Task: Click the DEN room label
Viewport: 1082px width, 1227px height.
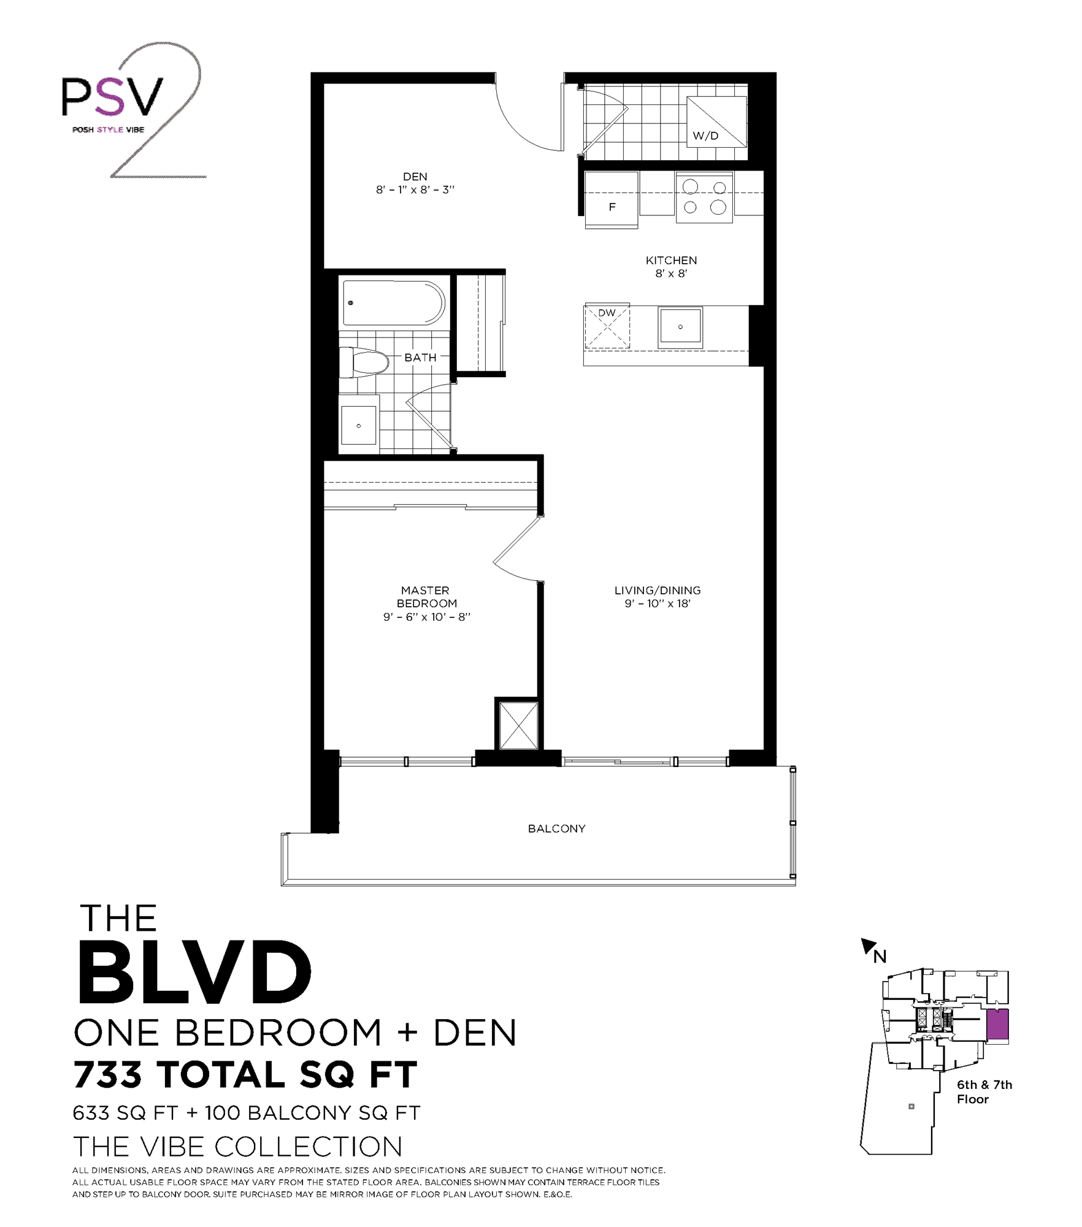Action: pos(415,177)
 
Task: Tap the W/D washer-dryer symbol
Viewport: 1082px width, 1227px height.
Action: pos(716,123)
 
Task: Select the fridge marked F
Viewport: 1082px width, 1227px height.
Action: pos(612,199)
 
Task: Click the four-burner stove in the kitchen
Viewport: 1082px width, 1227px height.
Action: pos(704,197)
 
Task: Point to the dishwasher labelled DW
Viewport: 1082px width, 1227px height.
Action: pos(607,325)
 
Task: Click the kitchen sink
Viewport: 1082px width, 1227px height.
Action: pos(680,327)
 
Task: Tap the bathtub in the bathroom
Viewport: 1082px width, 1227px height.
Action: pos(393,303)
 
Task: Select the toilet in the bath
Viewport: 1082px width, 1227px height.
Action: pos(364,363)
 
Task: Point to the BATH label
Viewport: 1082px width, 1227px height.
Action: pos(420,357)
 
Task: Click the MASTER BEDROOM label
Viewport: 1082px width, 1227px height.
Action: pos(426,596)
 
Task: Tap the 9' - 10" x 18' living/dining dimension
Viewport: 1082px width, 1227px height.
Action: pos(658,604)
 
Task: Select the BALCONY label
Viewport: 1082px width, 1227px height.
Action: pos(556,828)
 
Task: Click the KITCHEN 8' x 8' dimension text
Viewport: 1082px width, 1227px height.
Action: pos(671,274)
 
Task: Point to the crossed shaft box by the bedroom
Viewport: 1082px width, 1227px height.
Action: pos(518,725)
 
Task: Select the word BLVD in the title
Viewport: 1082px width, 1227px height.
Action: pos(194,974)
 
